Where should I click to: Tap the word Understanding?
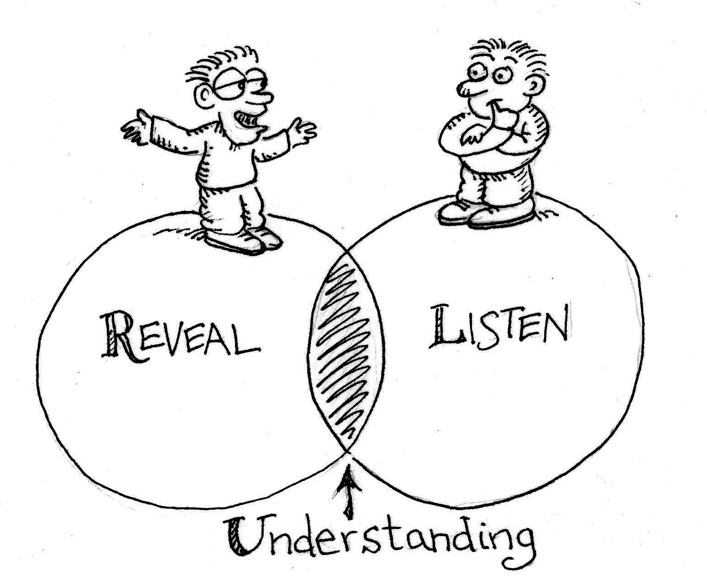click(x=380, y=539)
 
